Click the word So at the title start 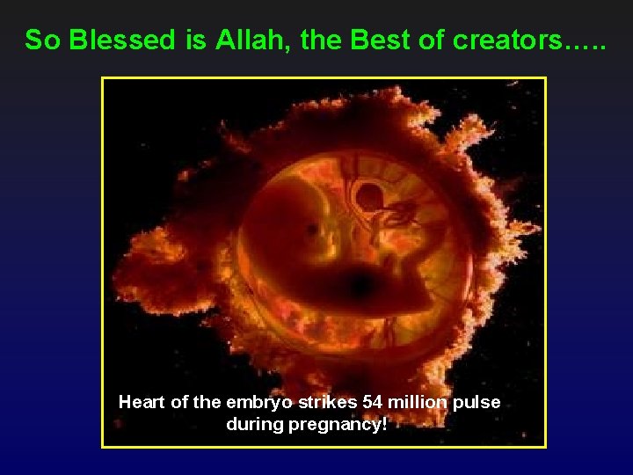pyautogui.click(x=41, y=40)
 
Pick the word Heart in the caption pyautogui.click(x=141, y=402)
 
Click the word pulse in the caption pyautogui.click(x=478, y=403)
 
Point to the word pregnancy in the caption pyautogui.click(x=341, y=425)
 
